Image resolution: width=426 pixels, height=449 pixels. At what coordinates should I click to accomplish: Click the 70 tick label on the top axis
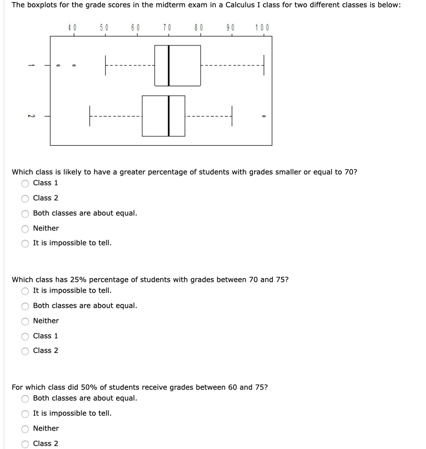click(167, 27)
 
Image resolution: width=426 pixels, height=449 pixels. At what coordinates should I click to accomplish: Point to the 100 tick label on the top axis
click(263, 27)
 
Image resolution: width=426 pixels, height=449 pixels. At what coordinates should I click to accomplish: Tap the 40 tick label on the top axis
click(73, 27)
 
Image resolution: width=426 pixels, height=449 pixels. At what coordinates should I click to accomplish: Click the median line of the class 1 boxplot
click(168, 65)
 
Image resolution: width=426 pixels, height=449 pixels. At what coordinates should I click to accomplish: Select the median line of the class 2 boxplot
click(169, 116)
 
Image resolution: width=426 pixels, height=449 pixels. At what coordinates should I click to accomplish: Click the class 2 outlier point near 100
click(263, 116)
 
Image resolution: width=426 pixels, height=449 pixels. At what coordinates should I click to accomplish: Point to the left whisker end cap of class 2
click(89, 116)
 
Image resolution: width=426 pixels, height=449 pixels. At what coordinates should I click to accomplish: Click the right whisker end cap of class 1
click(264, 65)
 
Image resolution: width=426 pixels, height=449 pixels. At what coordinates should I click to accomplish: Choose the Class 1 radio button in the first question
click(25, 183)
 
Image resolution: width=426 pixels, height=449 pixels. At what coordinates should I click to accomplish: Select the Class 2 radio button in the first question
click(25, 199)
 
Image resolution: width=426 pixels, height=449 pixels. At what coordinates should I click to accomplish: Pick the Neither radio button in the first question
click(25, 228)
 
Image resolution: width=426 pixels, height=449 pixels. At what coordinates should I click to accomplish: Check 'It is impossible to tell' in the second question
click(25, 291)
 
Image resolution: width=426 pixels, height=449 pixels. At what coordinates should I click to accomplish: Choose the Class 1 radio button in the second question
click(25, 336)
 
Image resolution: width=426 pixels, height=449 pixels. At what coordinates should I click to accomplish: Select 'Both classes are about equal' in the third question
click(25, 399)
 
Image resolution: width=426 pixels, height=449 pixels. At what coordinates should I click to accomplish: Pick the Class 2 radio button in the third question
click(25, 444)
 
